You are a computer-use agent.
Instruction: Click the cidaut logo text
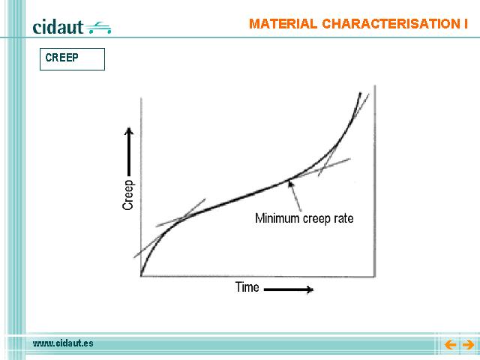click(58, 27)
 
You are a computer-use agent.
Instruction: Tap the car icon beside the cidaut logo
click(98, 28)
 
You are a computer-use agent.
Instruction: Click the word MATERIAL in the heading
click(283, 24)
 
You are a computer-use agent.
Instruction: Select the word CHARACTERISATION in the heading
click(388, 24)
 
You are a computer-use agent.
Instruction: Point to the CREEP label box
click(72, 59)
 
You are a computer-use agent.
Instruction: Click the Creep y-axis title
click(127, 195)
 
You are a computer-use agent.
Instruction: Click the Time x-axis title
click(247, 287)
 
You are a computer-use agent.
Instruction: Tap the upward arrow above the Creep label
click(129, 151)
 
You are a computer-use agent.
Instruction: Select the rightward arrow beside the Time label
click(288, 289)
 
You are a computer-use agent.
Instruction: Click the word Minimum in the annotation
click(277, 218)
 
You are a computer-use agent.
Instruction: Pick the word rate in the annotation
click(343, 218)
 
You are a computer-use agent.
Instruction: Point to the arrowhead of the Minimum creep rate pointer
click(290, 183)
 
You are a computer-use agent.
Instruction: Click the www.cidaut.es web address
click(63, 343)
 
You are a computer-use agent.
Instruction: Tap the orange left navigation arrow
click(450, 345)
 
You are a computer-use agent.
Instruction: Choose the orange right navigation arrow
click(468, 345)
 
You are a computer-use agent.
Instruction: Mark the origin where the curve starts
click(141, 276)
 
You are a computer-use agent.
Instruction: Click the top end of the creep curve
click(360, 93)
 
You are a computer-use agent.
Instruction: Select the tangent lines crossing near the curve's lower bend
click(182, 218)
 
